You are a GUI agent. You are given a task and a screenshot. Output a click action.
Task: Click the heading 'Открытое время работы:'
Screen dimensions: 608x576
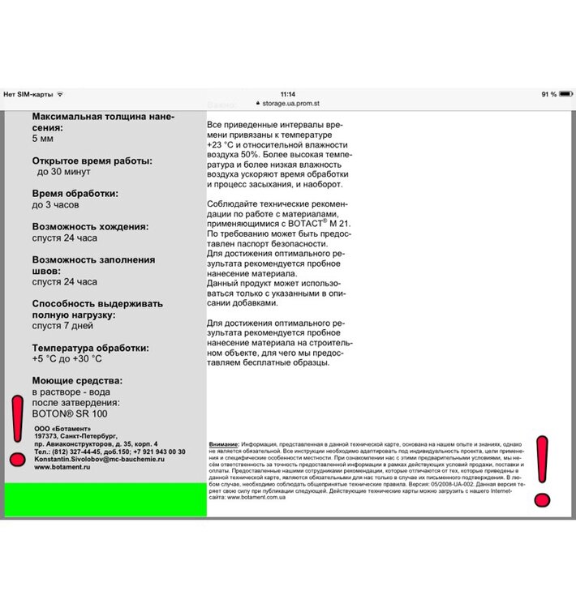tap(92, 161)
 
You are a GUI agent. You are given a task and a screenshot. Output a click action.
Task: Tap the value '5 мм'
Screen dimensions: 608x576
tap(43, 139)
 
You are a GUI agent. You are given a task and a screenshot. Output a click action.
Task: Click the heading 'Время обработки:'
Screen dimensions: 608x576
tap(75, 194)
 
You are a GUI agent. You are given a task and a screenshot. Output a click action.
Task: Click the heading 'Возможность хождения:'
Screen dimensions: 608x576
tap(88, 226)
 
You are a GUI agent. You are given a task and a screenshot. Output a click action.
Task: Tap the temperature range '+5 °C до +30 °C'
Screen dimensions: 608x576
tap(67, 358)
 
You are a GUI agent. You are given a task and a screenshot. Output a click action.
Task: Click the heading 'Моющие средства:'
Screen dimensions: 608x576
tap(78, 380)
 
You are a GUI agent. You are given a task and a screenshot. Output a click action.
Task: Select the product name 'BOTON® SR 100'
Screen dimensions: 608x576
tap(70, 413)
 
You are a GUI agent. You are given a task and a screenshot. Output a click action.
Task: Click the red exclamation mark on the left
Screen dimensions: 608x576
tap(16, 430)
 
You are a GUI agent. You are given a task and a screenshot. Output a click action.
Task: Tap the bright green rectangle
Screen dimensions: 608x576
tap(105, 499)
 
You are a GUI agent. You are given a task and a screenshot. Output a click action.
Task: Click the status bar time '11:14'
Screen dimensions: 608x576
tap(287, 94)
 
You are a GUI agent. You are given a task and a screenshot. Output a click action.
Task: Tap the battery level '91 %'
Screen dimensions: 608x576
tap(548, 94)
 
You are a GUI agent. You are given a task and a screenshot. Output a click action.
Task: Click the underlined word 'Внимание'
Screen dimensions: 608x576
tap(224, 445)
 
